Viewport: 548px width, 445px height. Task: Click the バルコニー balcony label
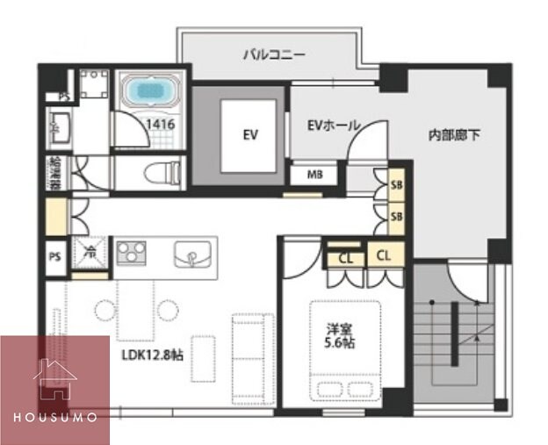click(274, 54)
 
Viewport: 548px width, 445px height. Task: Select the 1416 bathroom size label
click(161, 125)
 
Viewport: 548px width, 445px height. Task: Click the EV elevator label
click(250, 135)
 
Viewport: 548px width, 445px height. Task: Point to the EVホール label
click(333, 126)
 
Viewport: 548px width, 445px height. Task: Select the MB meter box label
click(314, 174)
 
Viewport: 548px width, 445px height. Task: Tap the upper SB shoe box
click(396, 185)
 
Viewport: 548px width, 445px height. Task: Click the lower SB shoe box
click(396, 216)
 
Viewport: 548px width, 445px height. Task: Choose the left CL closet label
click(344, 257)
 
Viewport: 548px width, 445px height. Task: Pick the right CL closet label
click(384, 255)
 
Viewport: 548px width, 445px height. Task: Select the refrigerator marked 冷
click(90, 254)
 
